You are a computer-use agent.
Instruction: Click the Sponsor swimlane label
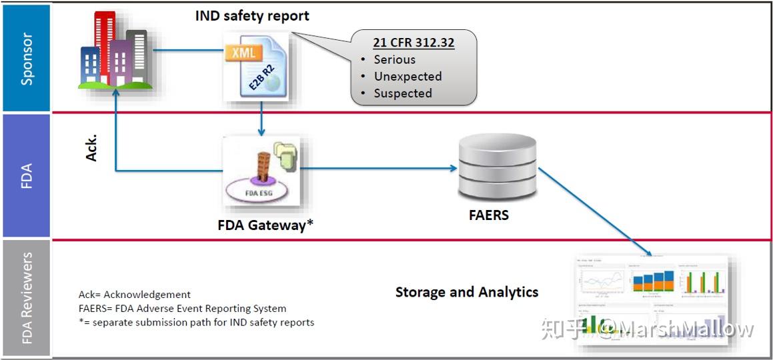pyautogui.click(x=27, y=59)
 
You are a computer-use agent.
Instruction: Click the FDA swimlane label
pyautogui.click(x=27, y=175)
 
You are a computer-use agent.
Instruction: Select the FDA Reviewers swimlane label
pyautogui.click(x=27, y=297)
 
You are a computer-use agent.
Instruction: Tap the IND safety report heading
pyautogui.click(x=252, y=15)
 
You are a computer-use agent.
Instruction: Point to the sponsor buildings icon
pyautogui.click(x=113, y=52)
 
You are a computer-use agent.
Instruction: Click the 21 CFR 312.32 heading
pyautogui.click(x=414, y=43)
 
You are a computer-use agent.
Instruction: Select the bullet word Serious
pyautogui.click(x=394, y=59)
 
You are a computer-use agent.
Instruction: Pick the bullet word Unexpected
pyautogui.click(x=408, y=76)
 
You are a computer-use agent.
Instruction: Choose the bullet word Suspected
pyautogui.click(x=403, y=93)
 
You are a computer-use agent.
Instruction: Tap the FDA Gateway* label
pyautogui.click(x=265, y=225)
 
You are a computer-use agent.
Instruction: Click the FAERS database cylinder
pyautogui.click(x=497, y=167)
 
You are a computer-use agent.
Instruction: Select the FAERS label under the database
pyautogui.click(x=488, y=215)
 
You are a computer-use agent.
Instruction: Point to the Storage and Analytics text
pyautogui.click(x=466, y=292)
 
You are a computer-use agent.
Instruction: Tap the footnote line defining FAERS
pyautogui.click(x=182, y=309)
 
